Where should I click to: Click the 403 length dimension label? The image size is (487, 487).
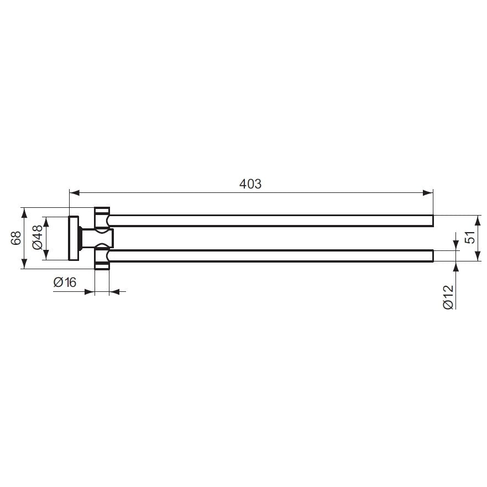click(x=250, y=184)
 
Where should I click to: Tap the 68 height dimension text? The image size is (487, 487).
click(x=16, y=238)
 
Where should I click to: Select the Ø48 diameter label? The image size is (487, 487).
click(x=38, y=238)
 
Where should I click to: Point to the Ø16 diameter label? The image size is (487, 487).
click(x=65, y=282)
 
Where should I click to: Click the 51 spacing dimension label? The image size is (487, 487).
click(x=470, y=237)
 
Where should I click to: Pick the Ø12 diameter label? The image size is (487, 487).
click(x=448, y=297)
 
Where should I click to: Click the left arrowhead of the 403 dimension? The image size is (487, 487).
click(x=75, y=192)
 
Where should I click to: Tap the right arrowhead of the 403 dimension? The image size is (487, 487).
click(x=428, y=192)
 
